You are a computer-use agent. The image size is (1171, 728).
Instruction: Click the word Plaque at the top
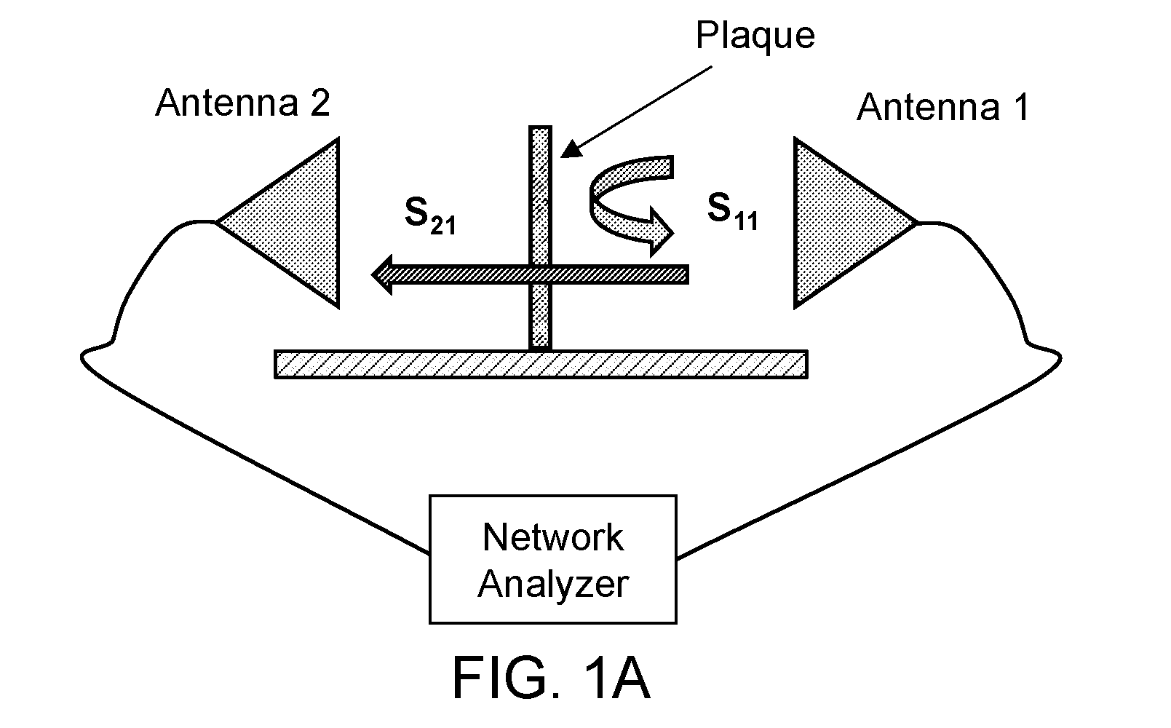coord(755,36)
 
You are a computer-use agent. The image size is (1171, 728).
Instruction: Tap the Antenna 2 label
coord(243,103)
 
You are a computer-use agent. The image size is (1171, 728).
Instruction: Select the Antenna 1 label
coord(943,107)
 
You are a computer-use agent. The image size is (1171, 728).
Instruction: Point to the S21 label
coord(430,215)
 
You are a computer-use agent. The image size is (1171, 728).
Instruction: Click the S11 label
coord(732,211)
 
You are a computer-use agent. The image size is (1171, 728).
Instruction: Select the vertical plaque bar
coord(540,238)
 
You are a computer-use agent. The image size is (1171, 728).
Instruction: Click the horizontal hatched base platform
coord(541,364)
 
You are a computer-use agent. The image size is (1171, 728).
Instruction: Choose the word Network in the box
coord(553,537)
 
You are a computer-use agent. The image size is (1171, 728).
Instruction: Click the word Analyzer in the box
coord(553,584)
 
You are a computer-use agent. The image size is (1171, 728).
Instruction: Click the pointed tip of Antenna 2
coord(216,222)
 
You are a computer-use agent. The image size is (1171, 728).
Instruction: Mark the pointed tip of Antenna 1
coord(918,223)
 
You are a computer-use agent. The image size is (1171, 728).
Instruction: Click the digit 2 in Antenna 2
coord(320,103)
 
